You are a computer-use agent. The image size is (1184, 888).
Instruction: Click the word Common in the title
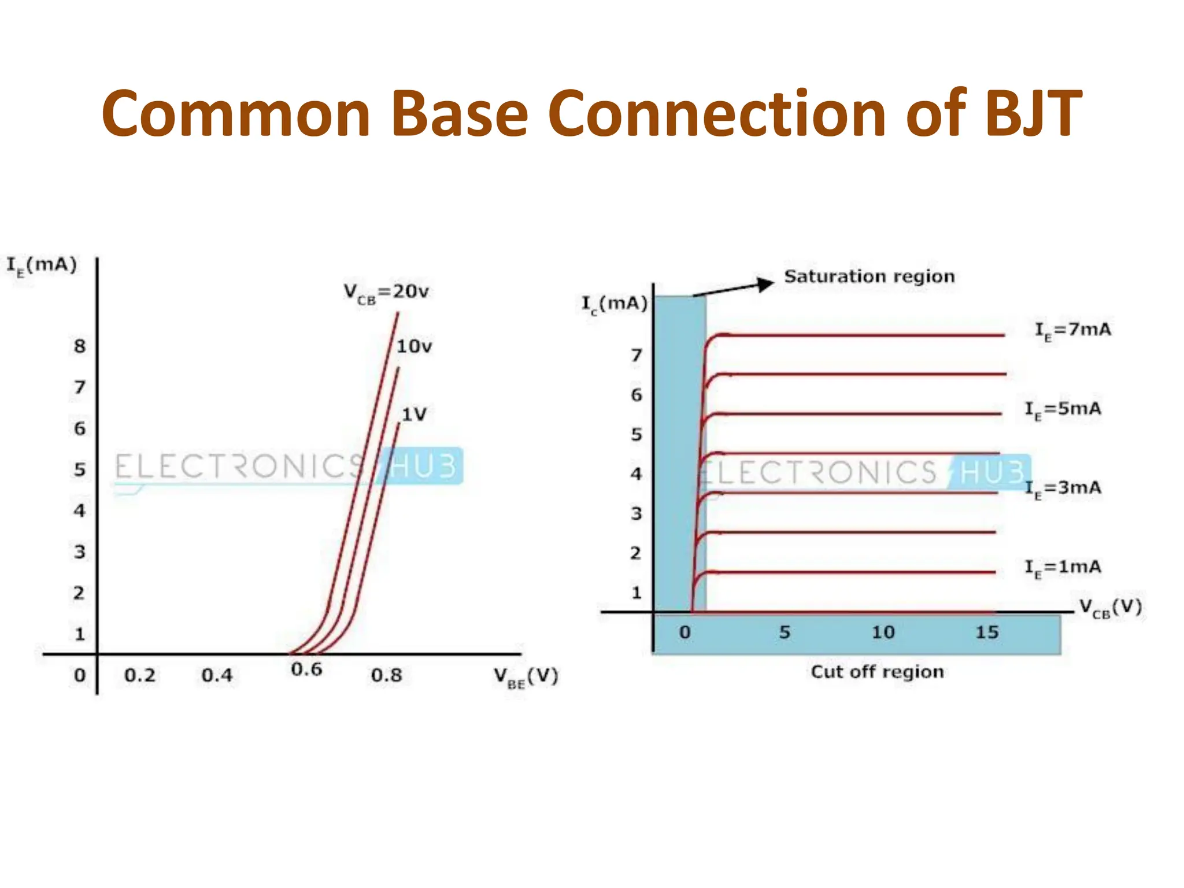point(236,114)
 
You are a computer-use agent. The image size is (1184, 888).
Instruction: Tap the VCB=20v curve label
point(386,292)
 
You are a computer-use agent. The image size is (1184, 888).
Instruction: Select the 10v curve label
point(414,346)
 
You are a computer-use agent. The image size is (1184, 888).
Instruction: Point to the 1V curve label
point(414,414)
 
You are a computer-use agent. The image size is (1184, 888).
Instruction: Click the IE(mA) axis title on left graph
point(42,266)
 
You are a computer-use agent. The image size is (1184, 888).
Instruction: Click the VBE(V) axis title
point(526,676)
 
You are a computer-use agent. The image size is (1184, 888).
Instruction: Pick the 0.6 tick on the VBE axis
point(306,669)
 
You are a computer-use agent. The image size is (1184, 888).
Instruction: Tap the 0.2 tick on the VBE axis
point(140,675)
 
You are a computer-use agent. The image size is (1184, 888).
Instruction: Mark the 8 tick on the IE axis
point(80,346)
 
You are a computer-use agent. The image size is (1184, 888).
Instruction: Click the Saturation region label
point(869,276)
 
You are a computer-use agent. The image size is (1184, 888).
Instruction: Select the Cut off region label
point(877,672)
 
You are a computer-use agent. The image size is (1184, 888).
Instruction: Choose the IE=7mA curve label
point(1072,331)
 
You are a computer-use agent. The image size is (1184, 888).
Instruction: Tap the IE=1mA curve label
point(1063,568)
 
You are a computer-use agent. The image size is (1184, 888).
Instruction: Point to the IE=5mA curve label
point(1063,410)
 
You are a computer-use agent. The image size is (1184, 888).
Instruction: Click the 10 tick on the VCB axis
point(883,632)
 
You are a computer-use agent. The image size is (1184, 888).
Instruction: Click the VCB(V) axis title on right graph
point(1111,608)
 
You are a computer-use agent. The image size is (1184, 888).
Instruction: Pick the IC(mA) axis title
point(614,304)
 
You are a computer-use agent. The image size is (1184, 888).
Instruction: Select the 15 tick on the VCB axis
point(987,632)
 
